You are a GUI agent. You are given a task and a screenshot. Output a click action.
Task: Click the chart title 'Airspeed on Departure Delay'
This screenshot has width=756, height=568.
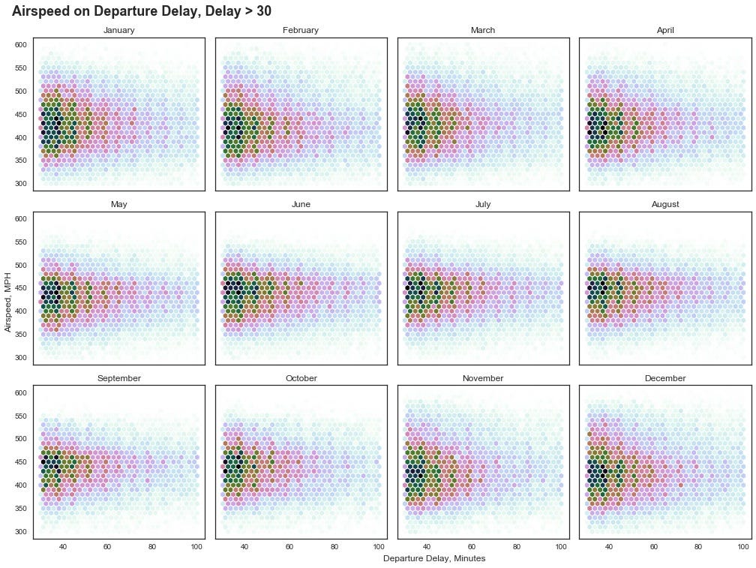[x=142, y=11]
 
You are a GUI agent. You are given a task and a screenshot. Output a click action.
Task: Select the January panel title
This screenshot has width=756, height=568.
[x=118, y=30]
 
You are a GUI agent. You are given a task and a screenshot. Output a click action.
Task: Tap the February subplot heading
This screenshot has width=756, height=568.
[x=301, y=30]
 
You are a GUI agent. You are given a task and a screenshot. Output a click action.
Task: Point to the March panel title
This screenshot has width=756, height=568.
[x=483, y=30]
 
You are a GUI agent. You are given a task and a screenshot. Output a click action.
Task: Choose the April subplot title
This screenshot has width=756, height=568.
[x=665, y=30]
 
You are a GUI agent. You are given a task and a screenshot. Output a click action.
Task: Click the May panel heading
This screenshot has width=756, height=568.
[x=118, y=204]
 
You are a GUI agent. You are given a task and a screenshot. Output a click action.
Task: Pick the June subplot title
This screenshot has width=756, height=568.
[x=301, y=204]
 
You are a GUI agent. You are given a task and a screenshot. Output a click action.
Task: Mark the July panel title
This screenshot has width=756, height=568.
[x=483, y=204]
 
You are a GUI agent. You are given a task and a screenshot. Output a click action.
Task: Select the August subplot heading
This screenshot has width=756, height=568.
[x=665, y=204]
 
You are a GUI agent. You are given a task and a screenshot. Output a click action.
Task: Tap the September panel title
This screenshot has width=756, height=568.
[x=118, y=378]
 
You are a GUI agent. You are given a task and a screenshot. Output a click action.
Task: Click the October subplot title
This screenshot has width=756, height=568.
[x=301, y=378]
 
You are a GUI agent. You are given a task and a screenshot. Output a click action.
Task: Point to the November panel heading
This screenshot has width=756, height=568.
[x=483, y=378]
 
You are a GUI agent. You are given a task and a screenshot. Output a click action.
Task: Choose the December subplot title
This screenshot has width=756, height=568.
[x=665, y=378]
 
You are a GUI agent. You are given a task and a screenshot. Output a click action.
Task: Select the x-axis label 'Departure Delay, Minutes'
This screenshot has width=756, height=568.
[x=434, y=558]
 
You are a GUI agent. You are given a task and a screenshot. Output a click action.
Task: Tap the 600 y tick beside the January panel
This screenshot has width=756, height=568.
[x=20, y=45]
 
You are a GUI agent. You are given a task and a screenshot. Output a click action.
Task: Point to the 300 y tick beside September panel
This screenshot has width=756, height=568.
[x=20, y=531]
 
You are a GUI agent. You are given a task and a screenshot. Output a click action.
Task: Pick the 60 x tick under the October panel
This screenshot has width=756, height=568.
[x=289, y=547]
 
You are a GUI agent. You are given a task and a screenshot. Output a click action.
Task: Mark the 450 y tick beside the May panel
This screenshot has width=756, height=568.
[x=20, y=288]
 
